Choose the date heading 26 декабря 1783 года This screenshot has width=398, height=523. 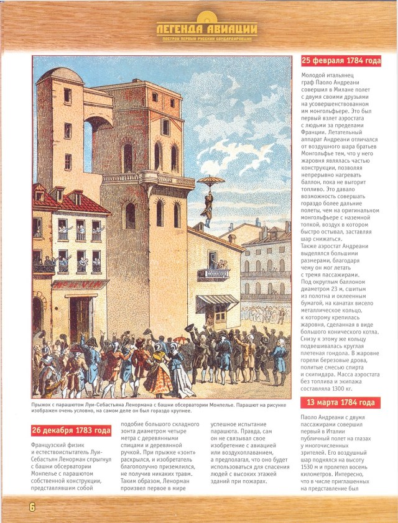click(x=71, y=430)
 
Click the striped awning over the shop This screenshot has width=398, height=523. click(x=217, y=302)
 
